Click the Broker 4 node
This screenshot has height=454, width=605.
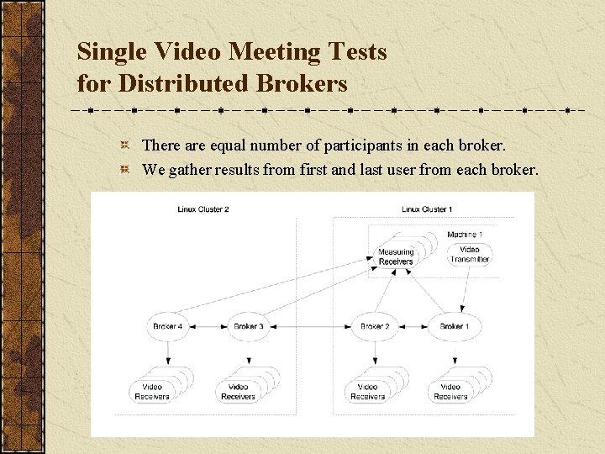pos(168,326)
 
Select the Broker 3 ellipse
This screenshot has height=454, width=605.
pos(249,326)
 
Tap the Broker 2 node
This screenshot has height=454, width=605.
pos(375,326)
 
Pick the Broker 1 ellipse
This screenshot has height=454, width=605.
pos(455,326)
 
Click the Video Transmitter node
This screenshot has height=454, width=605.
pos(470,254)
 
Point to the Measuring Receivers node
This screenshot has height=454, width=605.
pos(396,256)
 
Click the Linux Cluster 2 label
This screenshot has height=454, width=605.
pos(203,209)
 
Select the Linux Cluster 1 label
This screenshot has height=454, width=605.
pos(427,209)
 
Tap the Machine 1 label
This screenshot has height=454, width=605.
pos(465,235)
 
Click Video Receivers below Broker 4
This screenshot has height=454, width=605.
pos(153,391)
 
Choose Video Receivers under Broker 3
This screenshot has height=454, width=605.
pos(238,391)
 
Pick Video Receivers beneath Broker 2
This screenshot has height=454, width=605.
pos(367,391)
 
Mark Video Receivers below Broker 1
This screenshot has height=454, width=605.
pos(448,391)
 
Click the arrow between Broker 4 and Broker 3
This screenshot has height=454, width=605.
pos(208,326)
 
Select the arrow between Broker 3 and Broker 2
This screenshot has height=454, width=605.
pos(312,326)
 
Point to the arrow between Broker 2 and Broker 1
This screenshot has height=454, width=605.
pos(414,326)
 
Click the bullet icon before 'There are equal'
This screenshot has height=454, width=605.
pos(124,146)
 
